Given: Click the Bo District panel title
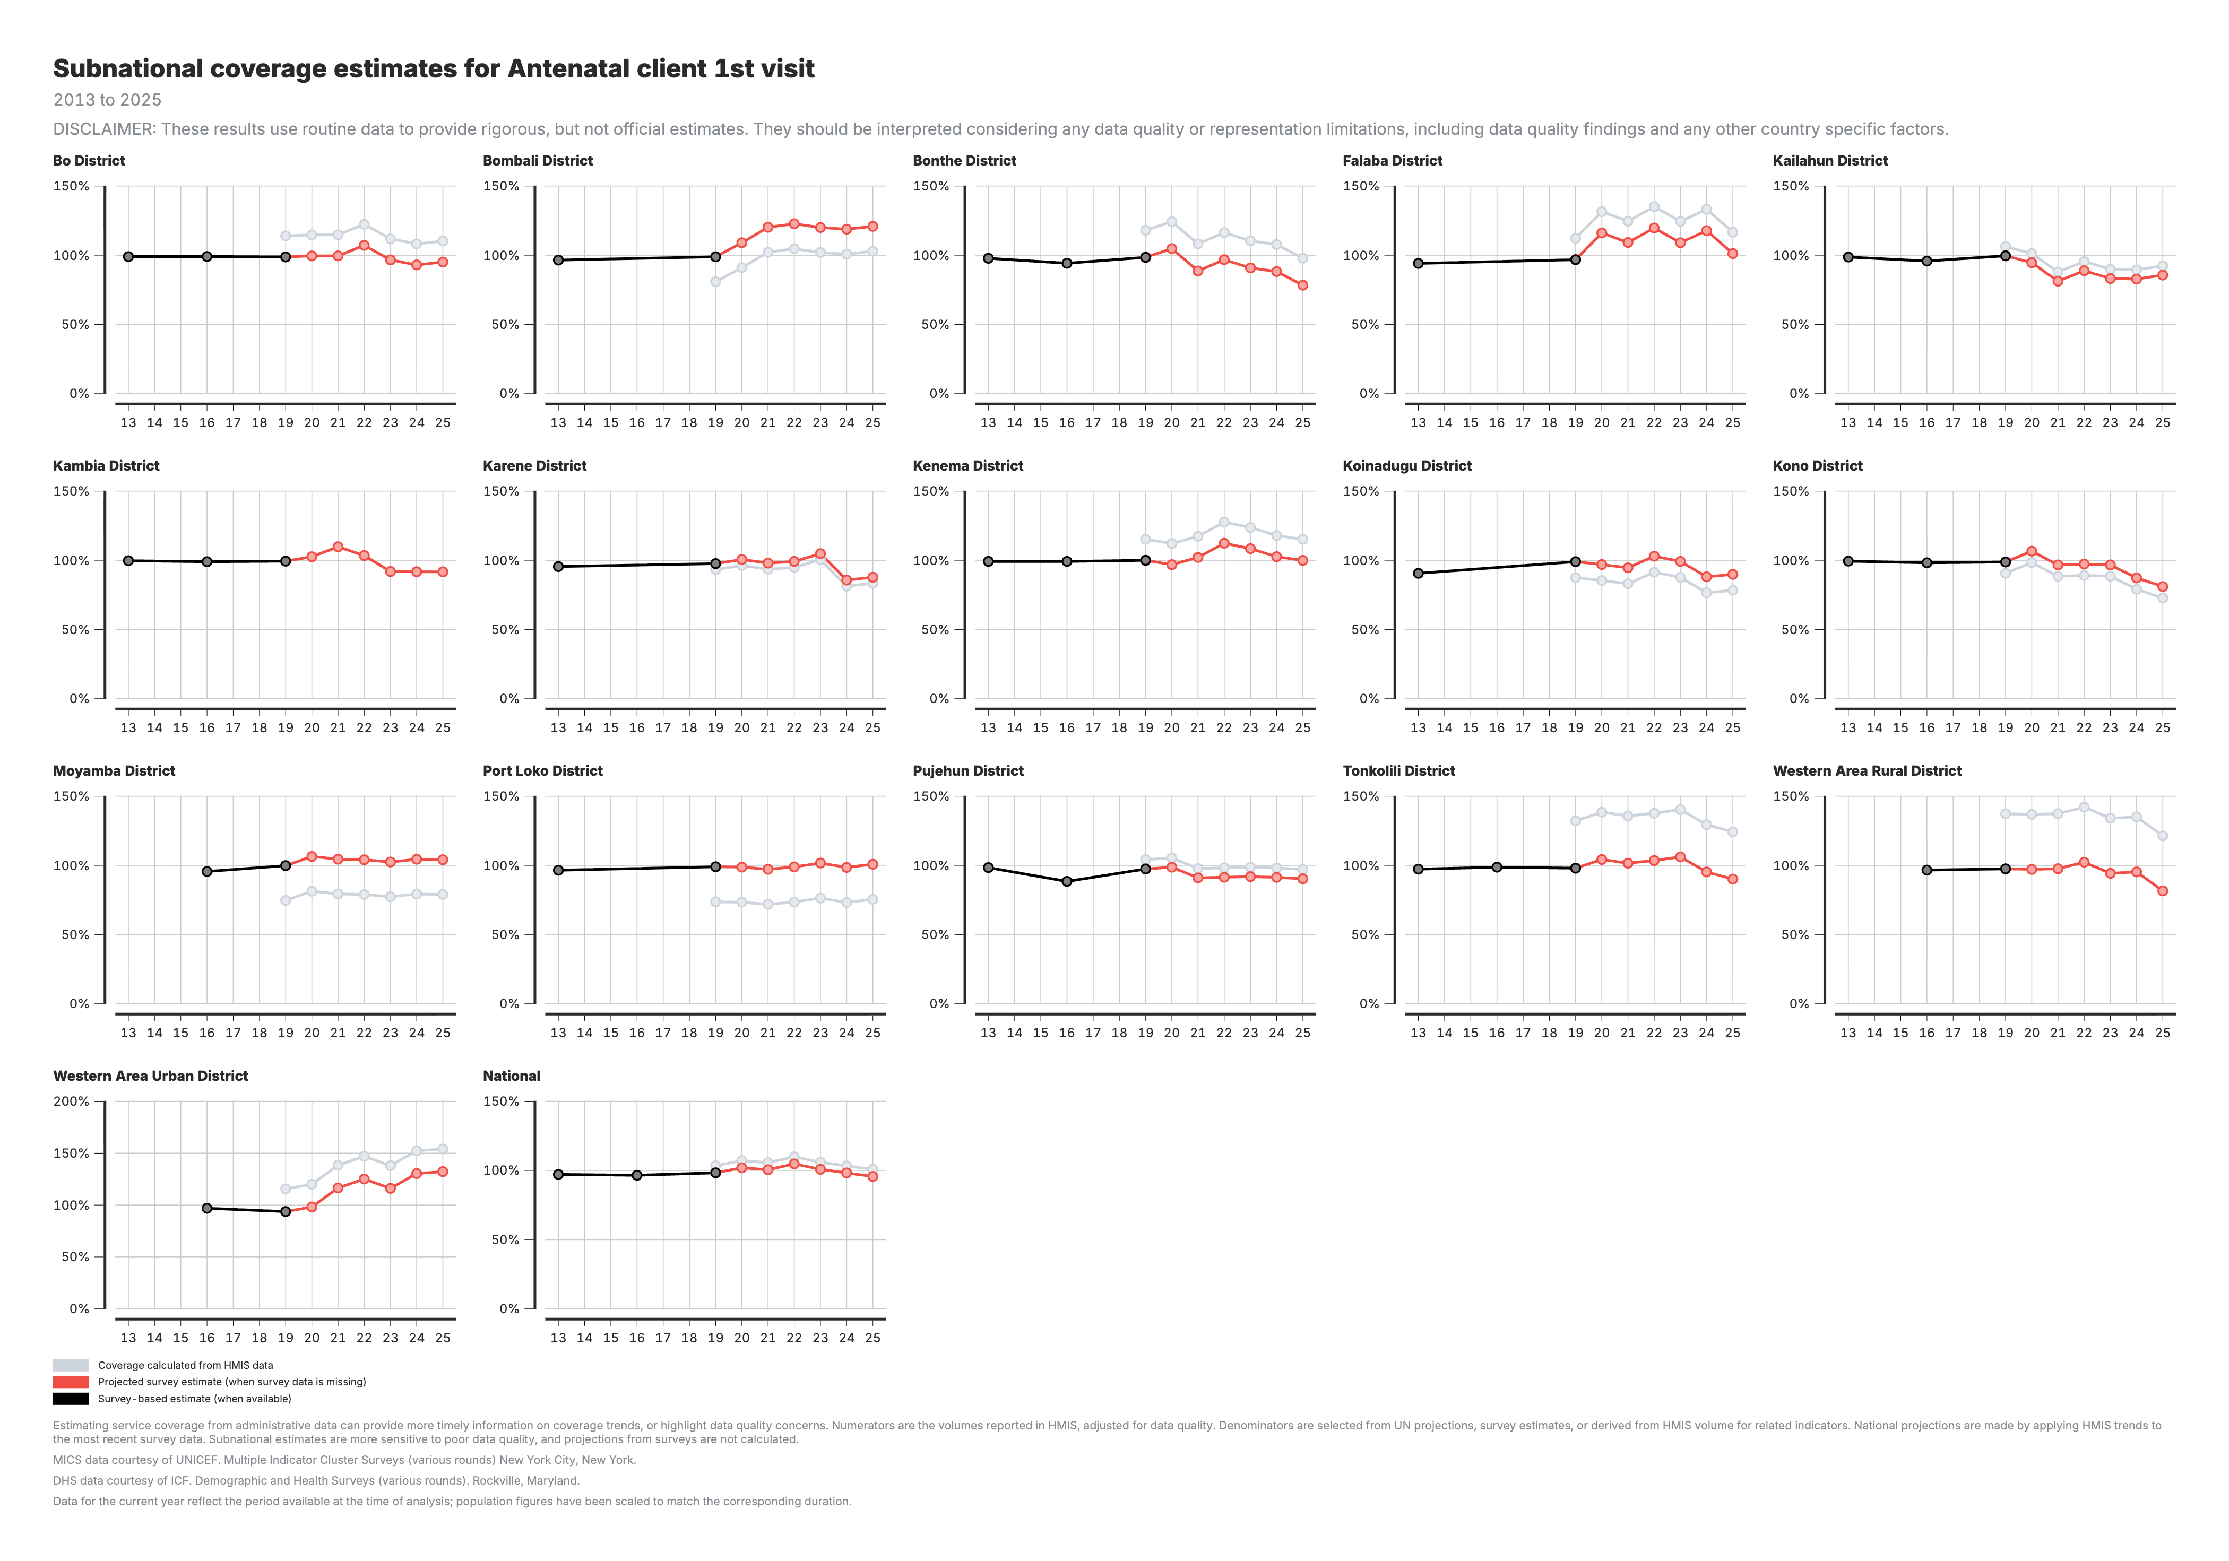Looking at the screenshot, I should pyautogui.click(x=88, y=160).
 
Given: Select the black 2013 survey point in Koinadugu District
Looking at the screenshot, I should pyautogui.click(x=1419, y=574).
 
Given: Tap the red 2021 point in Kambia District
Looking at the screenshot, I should pyautogui.click(x=338, y=547).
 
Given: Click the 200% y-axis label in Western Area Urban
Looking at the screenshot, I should pyautogui.click(x=71, y=1102).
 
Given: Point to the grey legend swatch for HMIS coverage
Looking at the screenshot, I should pyautogui.click(x=71, y=1365).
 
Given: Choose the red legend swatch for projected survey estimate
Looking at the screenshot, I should pyautogui.click(x=71, y=1382).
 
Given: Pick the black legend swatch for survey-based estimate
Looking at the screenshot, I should pyautogui.click(x=71, y=1399).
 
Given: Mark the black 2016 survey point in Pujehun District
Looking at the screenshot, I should pyautogui.click(x=1067, y=881).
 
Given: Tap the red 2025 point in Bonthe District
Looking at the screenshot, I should pyautogui.click(x=1303, y=285).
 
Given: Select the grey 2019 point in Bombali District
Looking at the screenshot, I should pyautogui.click(x=715, y=282).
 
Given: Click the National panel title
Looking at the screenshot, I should pyautogui.click(x=512, y=1076).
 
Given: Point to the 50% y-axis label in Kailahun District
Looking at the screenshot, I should pyautogui.click(x=1795, y=324).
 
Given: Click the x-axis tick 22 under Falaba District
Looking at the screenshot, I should pyautogui.click(x=1654, y=422).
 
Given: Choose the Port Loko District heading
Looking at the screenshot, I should pyautogui.click(x=543, y=771).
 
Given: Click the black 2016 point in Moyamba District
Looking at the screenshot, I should pyautogui.click(x=207, y=872).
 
